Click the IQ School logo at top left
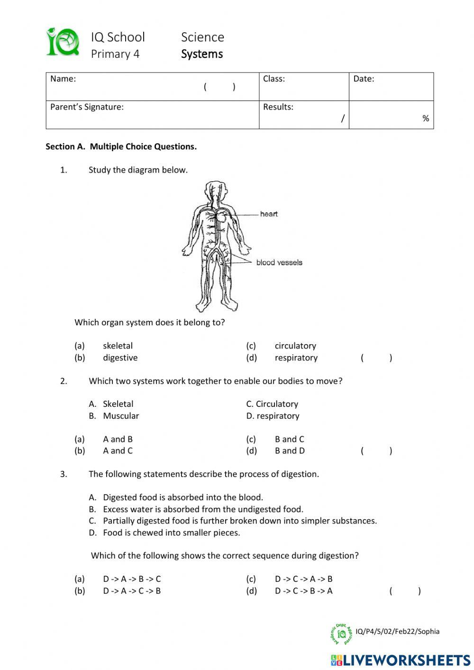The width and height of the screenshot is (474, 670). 62,42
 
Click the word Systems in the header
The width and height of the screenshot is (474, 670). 201,54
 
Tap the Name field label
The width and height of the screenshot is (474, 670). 63,79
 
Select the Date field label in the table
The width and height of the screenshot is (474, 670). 364,79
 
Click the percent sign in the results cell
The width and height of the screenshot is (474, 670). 425,119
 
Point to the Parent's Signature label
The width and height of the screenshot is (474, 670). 87,107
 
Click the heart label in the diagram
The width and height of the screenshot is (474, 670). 269,214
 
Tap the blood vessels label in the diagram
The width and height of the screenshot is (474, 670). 279,262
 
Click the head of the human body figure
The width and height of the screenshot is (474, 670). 217,189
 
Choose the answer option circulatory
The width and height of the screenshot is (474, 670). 295,346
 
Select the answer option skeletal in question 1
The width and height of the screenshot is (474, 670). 118,346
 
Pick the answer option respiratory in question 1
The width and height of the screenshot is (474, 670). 296,358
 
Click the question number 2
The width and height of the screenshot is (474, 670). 64,381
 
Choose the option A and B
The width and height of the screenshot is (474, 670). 118,439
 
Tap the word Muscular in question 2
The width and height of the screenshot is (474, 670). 121,416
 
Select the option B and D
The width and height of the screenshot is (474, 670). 290,450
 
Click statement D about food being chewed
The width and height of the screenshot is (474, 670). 171,532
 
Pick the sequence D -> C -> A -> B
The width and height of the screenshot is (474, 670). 303,578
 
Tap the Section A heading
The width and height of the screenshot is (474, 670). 121,147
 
